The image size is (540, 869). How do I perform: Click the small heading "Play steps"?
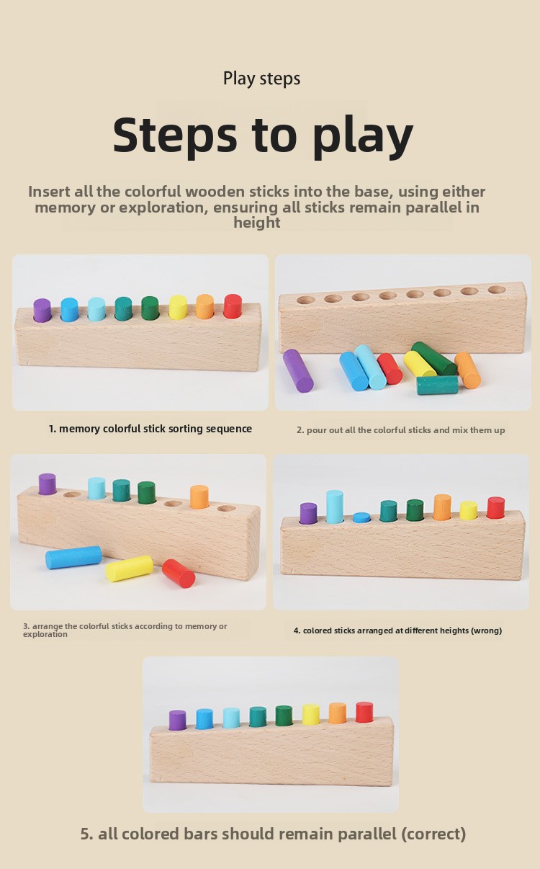pos(261,79)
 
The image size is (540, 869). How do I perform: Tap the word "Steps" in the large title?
pos(175,135)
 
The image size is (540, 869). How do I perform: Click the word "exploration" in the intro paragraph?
pos(161,208)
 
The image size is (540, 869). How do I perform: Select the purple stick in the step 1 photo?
pos(42,310)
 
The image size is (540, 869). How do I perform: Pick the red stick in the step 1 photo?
pos(233,306)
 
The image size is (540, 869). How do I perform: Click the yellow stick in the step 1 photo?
pos(178,307)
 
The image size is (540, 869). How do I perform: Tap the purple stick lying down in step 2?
pos(298,370)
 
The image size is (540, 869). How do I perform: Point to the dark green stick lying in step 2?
pos(433,358)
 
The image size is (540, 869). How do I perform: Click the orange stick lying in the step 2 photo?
pos(468,370)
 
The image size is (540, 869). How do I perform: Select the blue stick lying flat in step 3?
pos(73,558)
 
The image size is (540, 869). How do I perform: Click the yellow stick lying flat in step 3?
pos(130,569)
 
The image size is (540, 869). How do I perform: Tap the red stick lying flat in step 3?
pos(179,574)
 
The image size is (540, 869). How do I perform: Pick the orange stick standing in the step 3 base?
pos(199,497)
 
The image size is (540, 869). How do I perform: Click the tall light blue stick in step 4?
pos(335,507)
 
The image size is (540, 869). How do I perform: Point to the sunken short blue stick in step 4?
pos(361,517)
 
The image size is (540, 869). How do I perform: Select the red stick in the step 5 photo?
pos(364,712)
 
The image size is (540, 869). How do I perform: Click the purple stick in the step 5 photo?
pos(178,721)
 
